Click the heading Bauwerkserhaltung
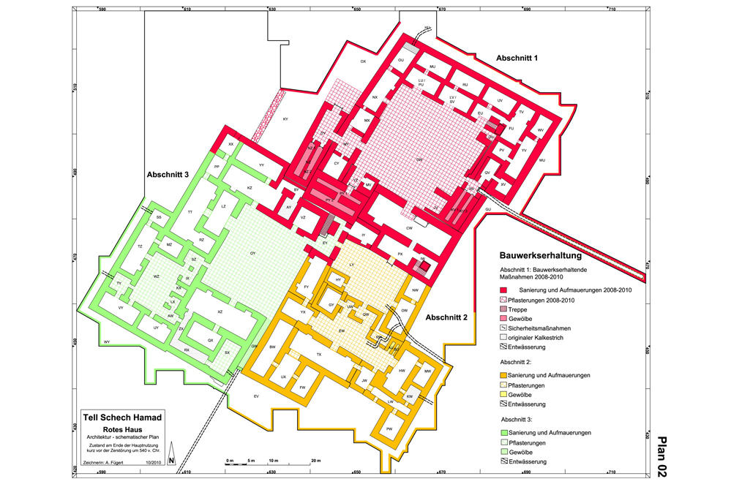pyautogui.click(x=540, y=257)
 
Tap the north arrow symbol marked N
pyautogui.click(x=170, y=458)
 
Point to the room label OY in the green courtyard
pyautogui.click(x=252, y=253)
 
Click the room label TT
pyautogui.click(x=190, y=212)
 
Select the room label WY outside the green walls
pyautogui.click(x=107, y=342)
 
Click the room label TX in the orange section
pyautogui.click(x=318, y=354)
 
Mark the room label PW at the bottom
pyautogui.click(x=389, y=429)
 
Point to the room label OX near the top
pyautogui.click(x=363, y=63)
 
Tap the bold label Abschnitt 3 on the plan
pyautogui.click(x=168, y=175)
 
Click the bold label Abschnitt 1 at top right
pyautogui.click(x=517, y=57)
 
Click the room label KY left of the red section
pyautogui.click(x=286, y=118)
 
